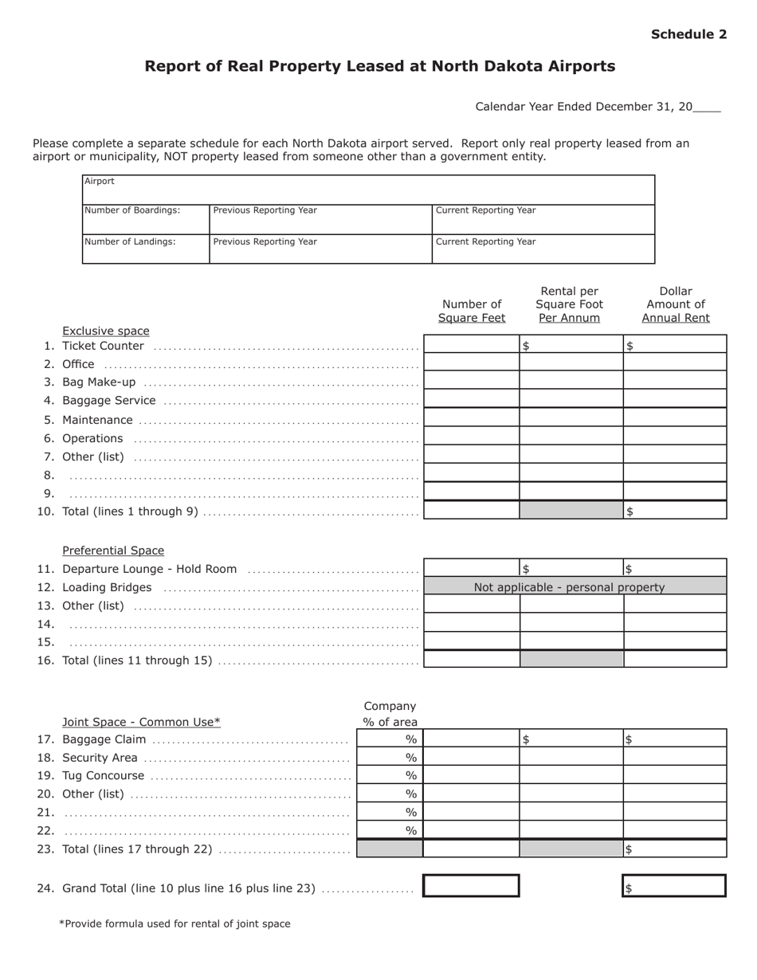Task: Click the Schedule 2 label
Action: coord(688,34)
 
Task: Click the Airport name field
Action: coord(368,190)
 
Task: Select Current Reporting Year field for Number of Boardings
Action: coord(543,220)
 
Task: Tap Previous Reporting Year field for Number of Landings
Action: coord(320,249)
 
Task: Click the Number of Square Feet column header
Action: coord(472,311)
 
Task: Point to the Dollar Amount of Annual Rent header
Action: coord(676,304)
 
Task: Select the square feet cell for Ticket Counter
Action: coord(472,344)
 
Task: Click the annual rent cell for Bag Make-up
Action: coord(675,381)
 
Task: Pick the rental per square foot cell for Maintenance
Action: coord(571,417)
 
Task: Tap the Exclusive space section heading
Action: coord(106,331)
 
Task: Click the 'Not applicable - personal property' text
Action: coord(569,587)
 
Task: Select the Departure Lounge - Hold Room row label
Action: coord(149,569)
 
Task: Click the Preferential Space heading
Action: coord(113,551)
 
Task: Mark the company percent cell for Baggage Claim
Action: coord(390,739)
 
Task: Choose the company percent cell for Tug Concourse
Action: coord(390,775)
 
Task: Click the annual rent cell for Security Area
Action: coord(675,757)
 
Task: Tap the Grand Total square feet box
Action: coord(471,886)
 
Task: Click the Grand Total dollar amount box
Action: coord(674,886)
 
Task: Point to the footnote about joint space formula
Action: coord(175,924)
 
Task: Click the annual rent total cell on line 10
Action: coord(675,511)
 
